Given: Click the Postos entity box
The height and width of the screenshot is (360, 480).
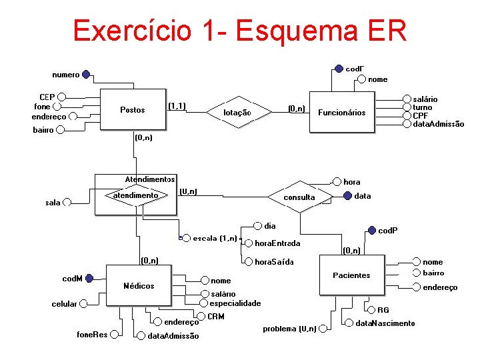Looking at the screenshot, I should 132,110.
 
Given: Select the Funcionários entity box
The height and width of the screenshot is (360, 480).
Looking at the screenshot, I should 341,112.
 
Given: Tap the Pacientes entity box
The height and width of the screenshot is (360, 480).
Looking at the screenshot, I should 351,275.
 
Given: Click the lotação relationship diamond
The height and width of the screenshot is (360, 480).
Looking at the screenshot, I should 237,112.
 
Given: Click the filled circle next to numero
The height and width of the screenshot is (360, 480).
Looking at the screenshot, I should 87,75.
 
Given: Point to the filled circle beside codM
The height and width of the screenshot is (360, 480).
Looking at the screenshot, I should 89,279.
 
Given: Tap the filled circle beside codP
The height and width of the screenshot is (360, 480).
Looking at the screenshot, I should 372,231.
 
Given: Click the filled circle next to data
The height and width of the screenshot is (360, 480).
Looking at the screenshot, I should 347,196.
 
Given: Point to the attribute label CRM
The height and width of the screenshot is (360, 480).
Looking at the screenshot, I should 216,316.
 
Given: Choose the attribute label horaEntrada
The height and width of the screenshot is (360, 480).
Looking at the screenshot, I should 277,243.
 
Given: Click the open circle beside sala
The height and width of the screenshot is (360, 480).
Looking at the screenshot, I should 67,202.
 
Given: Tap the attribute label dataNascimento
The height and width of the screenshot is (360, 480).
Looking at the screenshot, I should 385,323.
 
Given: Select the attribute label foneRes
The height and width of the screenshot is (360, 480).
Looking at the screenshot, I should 92,334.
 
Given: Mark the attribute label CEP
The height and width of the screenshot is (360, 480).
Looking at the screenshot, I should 47,97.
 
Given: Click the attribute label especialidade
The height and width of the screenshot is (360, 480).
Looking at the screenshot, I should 235,303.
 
